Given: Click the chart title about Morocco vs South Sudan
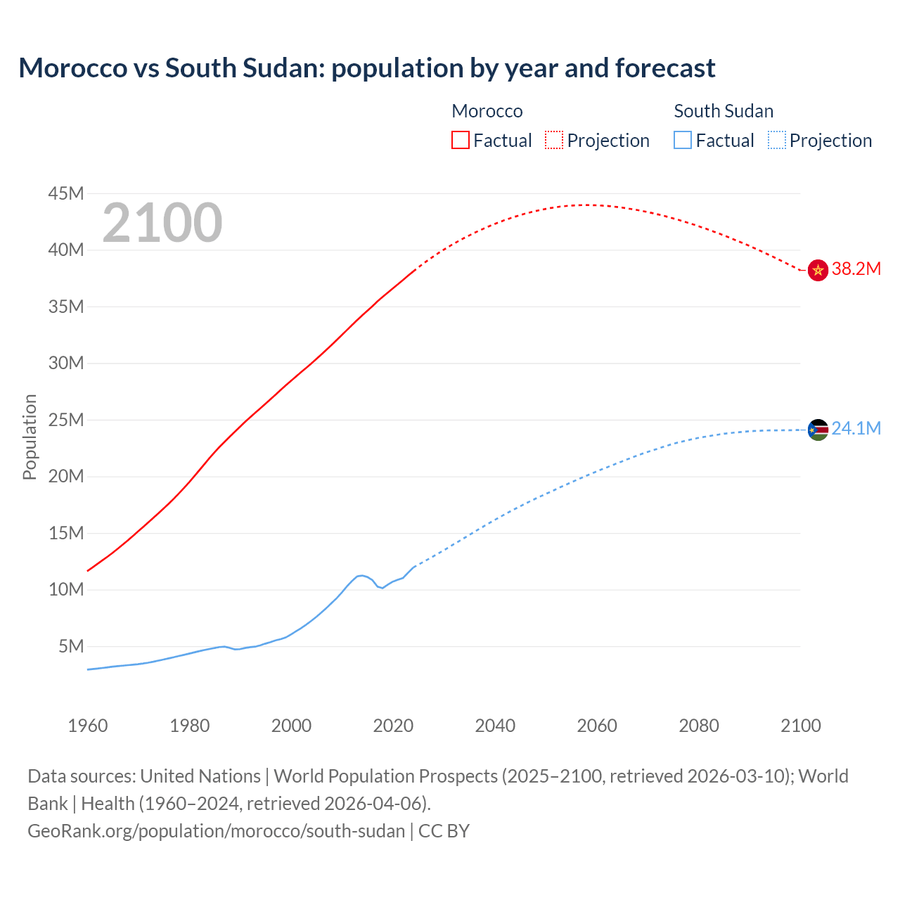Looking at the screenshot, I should tap(366, 68).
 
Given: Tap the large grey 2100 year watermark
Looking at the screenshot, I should tap(162, 223).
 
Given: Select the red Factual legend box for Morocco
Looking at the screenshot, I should tap(460, 140).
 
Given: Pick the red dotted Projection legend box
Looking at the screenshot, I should tap(554, 140).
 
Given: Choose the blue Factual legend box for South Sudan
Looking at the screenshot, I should tap(682, 140).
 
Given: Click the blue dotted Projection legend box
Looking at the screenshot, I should tap(776, 140).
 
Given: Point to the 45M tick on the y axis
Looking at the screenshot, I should tap(66, 193).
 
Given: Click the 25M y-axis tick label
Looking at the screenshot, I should tap(66, 420).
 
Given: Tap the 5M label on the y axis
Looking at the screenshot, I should tap(71, 646).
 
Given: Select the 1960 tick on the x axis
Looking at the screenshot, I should tap(88, 726).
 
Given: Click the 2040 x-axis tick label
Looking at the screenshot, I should tap(495, 726).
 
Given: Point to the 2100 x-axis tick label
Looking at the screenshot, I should tap(800, 726).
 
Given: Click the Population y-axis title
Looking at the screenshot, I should tap(30, 437).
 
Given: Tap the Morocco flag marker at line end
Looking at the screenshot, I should tap(818, 270).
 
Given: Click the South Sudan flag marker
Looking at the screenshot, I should tap(818, 430).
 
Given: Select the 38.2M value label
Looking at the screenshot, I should tap(856, 269).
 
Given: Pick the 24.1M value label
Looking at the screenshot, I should tap(856, 429).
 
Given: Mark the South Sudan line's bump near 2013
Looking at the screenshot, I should tap(361, 576).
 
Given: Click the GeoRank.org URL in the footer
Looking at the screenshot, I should tap(216, 830).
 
